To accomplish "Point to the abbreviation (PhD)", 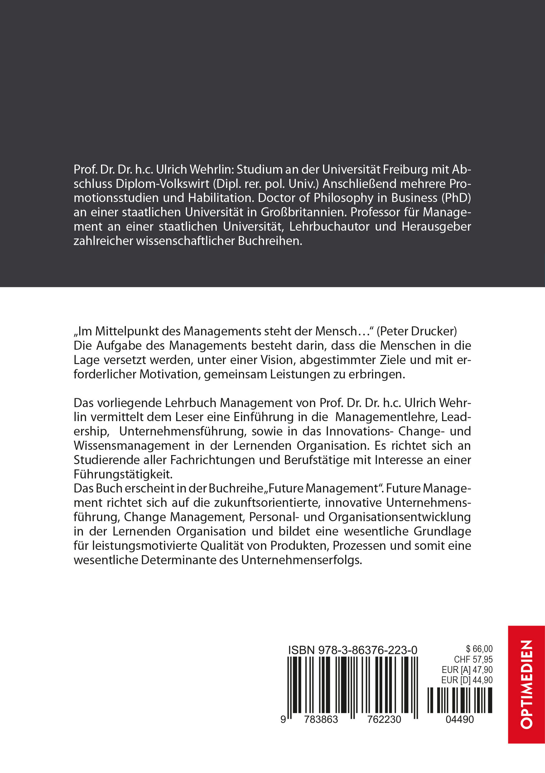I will pyautogui.click(x=456, y=198).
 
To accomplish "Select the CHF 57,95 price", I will pyautogui.click(x=473, y=659).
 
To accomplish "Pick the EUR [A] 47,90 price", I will pyautogui.click(x=467, y=670).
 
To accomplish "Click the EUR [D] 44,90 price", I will pyautogui.click(x=467, y=680).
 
